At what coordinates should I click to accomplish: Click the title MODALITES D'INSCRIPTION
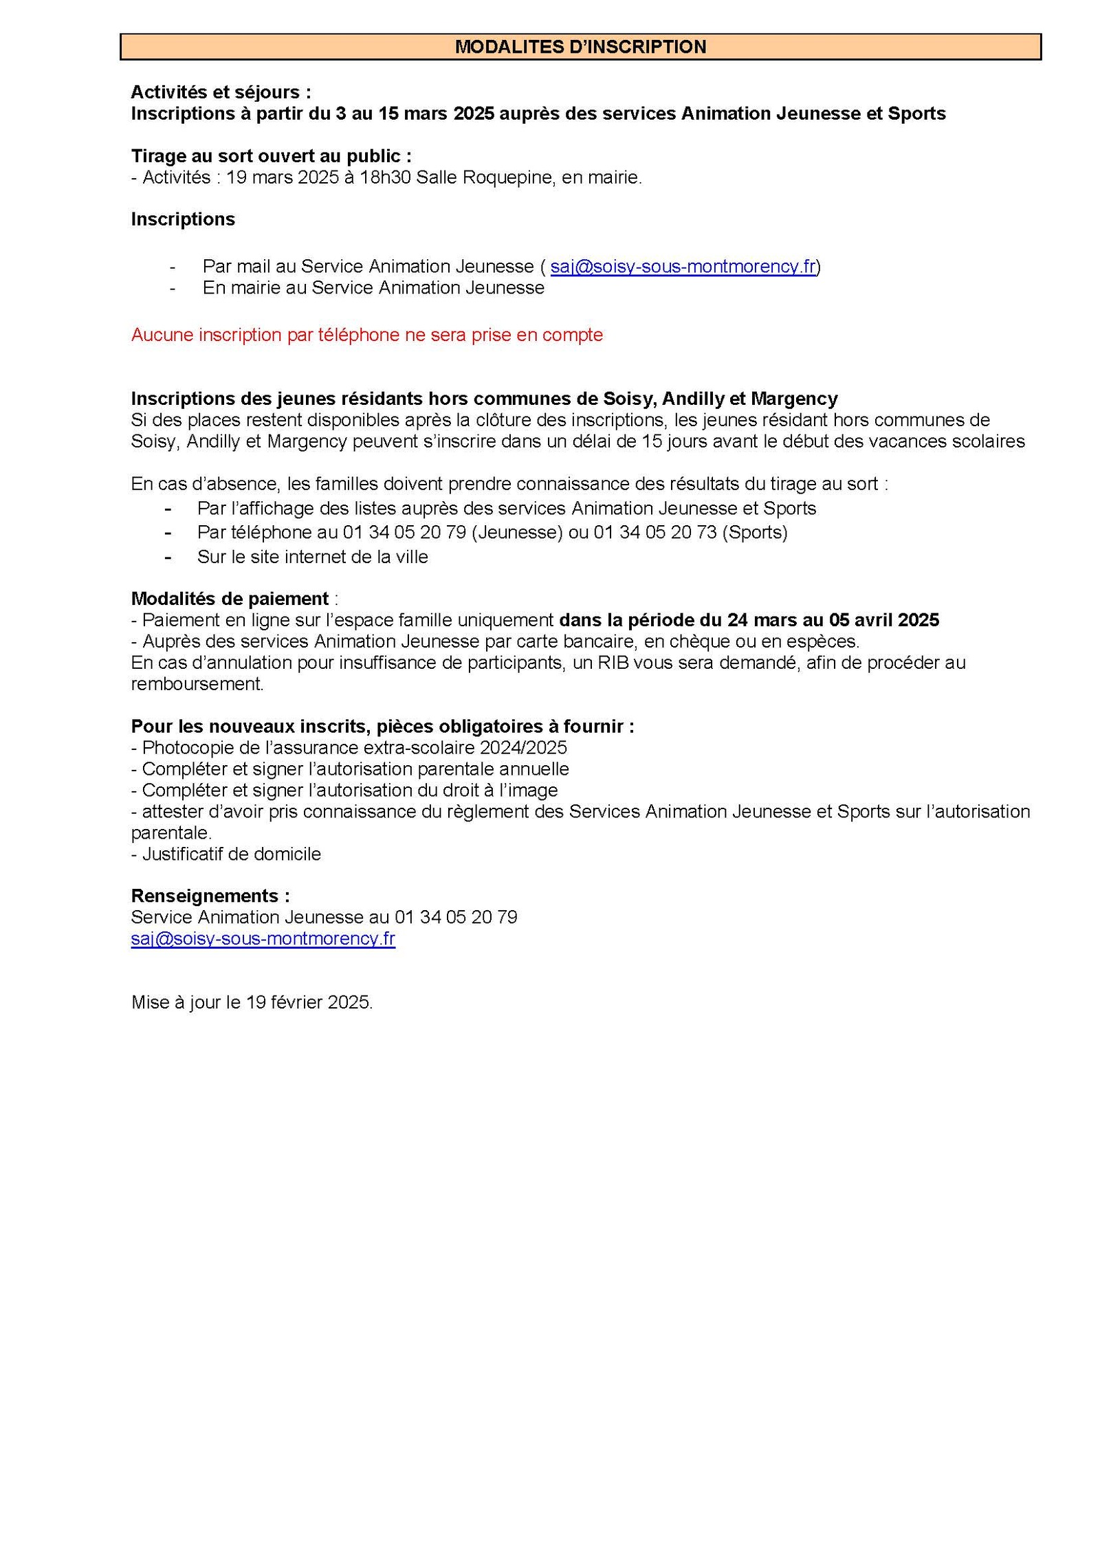click(580, 47)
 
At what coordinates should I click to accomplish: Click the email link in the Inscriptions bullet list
click(683, 267)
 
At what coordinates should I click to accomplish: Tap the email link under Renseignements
click(263, 939)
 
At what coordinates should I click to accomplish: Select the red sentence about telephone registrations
click(366, 335)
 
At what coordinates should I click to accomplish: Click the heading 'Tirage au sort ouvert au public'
click(271, 156)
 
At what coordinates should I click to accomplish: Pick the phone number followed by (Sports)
click(655, 532)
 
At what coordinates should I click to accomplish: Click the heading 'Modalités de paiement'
click(230, 599)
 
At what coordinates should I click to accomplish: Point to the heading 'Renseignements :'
click(210, 896)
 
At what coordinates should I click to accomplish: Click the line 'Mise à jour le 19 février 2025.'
click(252, 1002)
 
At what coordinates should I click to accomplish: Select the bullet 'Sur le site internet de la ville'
click(312, 557)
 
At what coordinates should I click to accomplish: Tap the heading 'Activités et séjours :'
click(221, 92)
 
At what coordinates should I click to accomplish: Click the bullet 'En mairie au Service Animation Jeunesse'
click(373, 287)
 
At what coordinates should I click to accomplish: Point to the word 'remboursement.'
click(197, 684)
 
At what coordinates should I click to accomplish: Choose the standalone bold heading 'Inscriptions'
click(183, 219)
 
